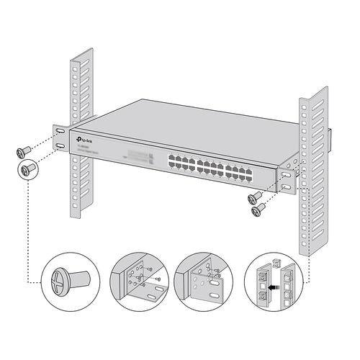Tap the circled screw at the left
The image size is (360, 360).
point(27,170)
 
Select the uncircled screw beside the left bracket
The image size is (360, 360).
point(23,151)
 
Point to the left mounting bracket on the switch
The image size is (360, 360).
point(60,139)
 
